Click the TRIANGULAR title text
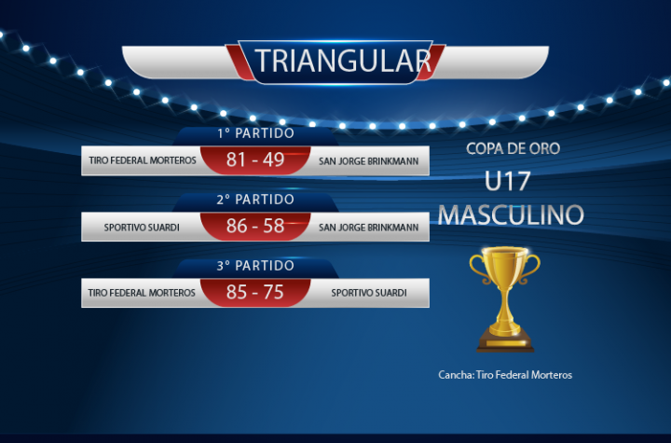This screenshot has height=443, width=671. (343, 61)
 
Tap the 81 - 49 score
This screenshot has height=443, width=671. (255, 159)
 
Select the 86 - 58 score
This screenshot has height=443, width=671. (255, 226)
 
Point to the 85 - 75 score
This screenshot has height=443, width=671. (255, 292)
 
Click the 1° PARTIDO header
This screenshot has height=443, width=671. (255, 133)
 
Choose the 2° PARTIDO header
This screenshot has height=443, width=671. (255, 200)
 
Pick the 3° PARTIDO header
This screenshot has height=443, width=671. (255, 266)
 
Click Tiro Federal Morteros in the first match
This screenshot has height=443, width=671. (143, 160)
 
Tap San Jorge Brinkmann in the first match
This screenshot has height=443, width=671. (368, 161)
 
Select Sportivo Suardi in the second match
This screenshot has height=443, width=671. (142, 227)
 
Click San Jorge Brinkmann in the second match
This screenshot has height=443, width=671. (368, 227)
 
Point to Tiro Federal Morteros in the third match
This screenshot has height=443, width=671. (142, 293)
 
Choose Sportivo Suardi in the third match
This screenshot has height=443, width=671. (369, 293)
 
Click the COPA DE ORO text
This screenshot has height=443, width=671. (514, 148)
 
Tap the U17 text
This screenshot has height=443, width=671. (508, 181)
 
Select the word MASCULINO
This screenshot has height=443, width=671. (511, 215)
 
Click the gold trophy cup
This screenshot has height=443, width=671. (505, 299)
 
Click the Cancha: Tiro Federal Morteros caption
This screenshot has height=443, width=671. (505, 375)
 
